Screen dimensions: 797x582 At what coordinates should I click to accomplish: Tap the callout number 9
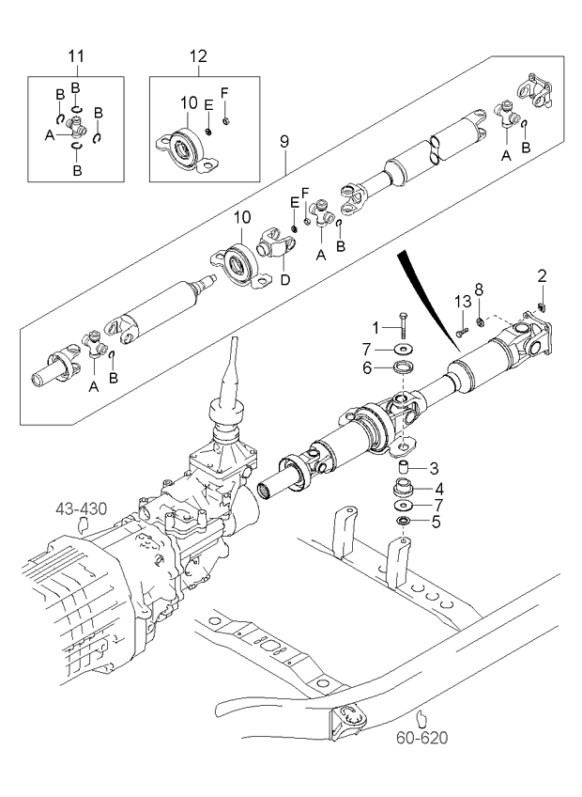[284, 141]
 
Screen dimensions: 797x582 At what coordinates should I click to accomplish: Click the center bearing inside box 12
[182, 145]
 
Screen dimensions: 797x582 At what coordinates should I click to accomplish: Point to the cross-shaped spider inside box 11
[77, 133]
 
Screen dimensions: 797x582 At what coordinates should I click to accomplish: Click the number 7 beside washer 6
[368, 349]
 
